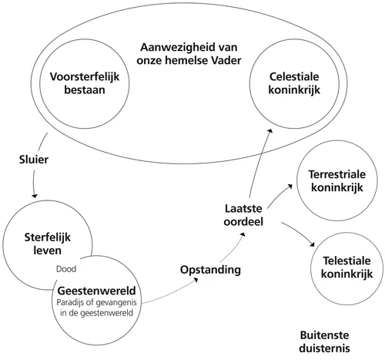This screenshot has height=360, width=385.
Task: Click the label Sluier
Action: [32, 161]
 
